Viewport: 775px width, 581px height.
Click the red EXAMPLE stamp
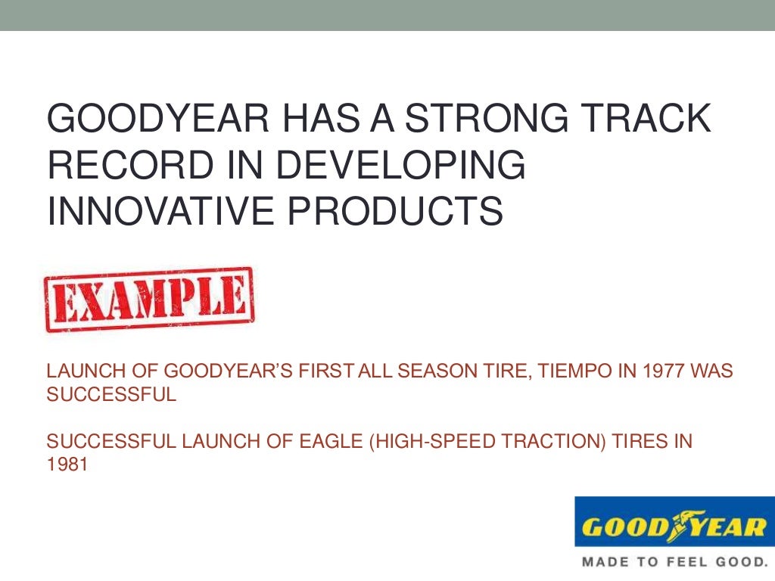point(149,300)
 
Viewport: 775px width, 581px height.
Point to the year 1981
point(67,464)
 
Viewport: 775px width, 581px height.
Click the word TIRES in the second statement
point(642,442)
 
